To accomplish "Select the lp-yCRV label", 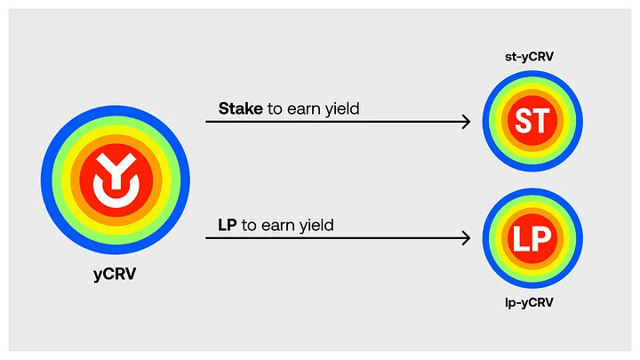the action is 531,303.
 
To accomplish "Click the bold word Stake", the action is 240,108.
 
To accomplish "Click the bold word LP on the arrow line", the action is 228,225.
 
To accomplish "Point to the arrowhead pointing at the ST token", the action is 466,122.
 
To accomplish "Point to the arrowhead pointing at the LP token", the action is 466,238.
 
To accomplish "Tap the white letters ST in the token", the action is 531,122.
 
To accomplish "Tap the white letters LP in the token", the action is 531,238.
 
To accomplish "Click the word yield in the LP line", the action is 314,226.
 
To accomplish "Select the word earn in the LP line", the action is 272,226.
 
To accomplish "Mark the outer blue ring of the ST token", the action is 487,122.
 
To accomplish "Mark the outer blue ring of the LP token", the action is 487,238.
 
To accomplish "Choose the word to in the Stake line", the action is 276,109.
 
